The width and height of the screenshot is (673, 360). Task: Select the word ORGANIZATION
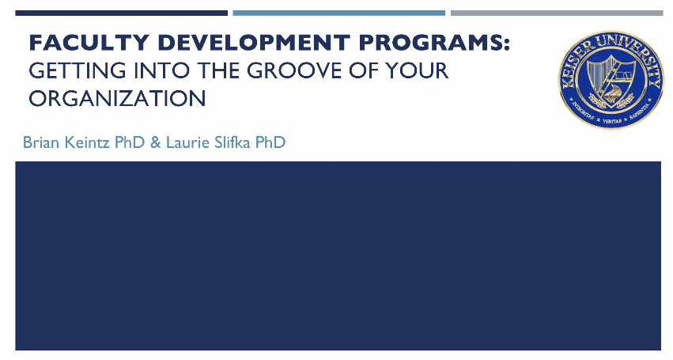(x=117, y=98)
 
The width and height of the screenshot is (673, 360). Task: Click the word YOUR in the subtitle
(x=414, y=71)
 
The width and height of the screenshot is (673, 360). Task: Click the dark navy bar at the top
(x=121, y=13)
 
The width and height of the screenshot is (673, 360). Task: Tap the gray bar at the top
(x=557, y=13)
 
